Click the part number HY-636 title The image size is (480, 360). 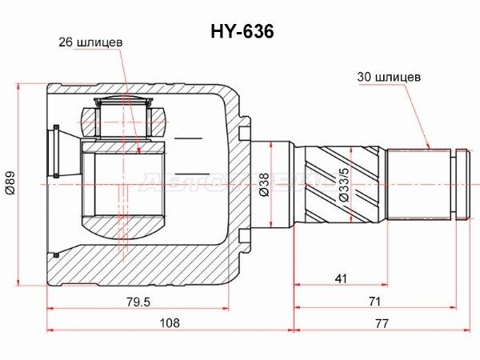(x=242, y=31)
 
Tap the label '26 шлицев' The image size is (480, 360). (x=90, y=42)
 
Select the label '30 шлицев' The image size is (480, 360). (x=389, y=77)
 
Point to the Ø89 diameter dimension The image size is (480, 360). (x=10, y=183)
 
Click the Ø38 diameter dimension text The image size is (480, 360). (x=264, y=185)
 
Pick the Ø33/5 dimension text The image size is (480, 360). (x=344, y=185)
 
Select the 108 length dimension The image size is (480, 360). (x=170, y=322)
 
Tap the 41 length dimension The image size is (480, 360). (x=341, y=278)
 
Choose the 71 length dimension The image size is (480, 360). (x=374, y=302)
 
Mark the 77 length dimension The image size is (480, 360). (x=382, y=323)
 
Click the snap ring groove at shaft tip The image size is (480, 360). (x=454, y=185)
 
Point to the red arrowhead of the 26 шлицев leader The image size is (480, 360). (x=139, y=150)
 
